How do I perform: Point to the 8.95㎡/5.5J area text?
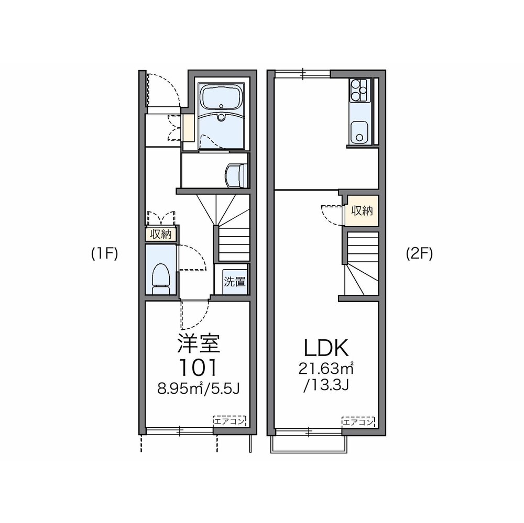click(198, 389)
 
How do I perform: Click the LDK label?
click(325, 348)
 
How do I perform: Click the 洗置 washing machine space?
click(234, 281)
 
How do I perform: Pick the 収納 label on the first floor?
click(161, 235)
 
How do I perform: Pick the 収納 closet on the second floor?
click(362, 211)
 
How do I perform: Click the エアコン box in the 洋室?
click(229, 420)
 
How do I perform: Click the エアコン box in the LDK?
click(358, 421)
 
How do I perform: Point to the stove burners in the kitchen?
click(358, 90)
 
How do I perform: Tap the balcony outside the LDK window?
click(308, 443)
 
